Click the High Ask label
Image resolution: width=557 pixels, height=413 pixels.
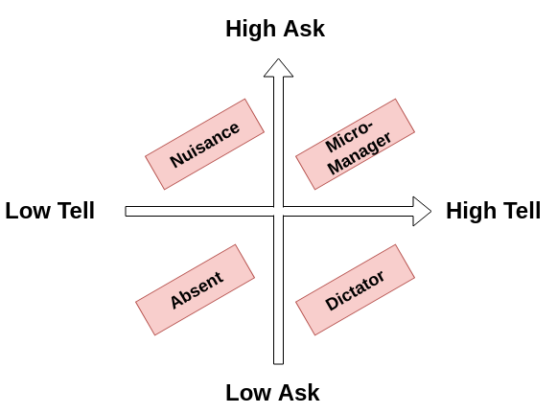pyautogui.click(x=275, y=29)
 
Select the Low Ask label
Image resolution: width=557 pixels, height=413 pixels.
pyautogui.click(x=272, y=393)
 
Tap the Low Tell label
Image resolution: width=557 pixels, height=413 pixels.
pyautogui.click(x=50, y=211)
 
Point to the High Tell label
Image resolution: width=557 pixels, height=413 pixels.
pyautogui.click(x=493, y=211)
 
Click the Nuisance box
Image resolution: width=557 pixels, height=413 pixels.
pyautogui.click(x=204, y=144)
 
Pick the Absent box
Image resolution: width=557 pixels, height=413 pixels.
pyautogui.click(x=196, y=289)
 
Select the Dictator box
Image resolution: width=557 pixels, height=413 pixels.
pyautogui.click(x=355, y=289)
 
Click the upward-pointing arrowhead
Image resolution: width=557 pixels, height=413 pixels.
pyautogui.click(x=278, y=67)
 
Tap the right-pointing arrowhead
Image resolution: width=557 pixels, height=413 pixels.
pyautogui.click(x=422, y=211)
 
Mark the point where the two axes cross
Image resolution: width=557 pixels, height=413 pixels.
pyautogui.click(x=278, y=211)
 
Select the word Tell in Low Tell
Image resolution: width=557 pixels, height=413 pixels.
pyautogui.click(x=73, y=211)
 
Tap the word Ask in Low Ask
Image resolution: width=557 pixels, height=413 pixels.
pyautogui.click(x=299, y=393)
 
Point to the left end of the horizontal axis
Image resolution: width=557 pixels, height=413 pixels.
pyautogui.click(x=128, y=211)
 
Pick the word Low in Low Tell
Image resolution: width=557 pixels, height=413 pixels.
pyautogui.click(x=26, y=211)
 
